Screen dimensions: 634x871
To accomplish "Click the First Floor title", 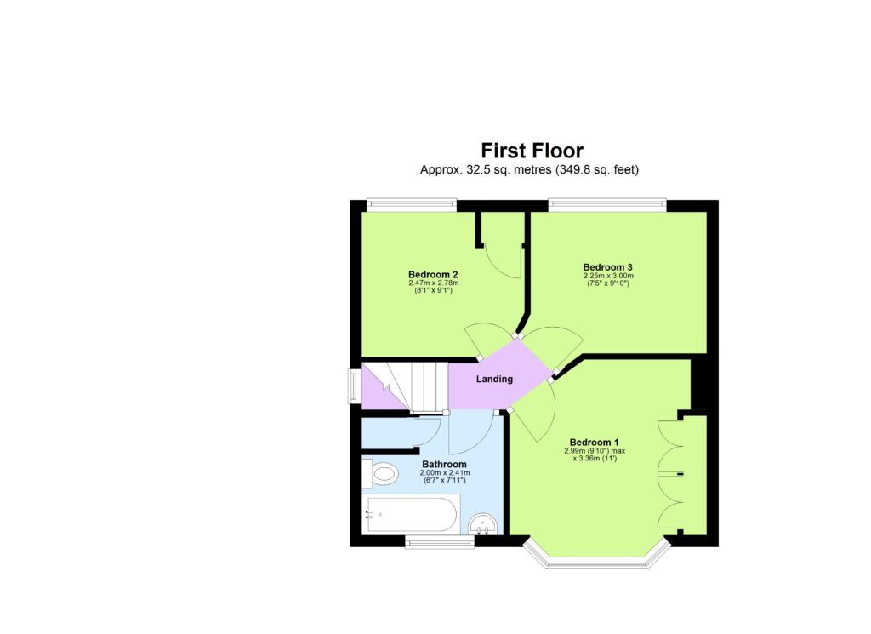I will click(x=532, y=151).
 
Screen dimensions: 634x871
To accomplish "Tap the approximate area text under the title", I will click(x=529, y=170).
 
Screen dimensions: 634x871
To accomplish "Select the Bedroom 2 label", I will click(x=433, y=274).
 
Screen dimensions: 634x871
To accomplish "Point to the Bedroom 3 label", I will click(x=607, y=266).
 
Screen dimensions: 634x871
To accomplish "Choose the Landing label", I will click(x=494, y=379).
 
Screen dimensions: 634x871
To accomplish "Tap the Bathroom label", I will click(x=443, y=464).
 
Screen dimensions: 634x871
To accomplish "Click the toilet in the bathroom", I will click(x=383, y=473).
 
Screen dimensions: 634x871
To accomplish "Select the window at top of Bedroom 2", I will click(x=412, y=204).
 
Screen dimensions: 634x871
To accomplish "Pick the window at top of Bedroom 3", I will click(x=606, y=204).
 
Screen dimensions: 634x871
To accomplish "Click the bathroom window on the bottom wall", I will click(x=439, y=542).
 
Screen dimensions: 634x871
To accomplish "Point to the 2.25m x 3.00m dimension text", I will click(x=607, y=276).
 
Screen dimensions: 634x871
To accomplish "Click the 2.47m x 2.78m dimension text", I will click(x=433, y=283).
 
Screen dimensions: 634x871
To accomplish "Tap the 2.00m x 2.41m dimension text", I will click(x=444, y=473).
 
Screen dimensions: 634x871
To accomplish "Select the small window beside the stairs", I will click(x=354, y=384).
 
